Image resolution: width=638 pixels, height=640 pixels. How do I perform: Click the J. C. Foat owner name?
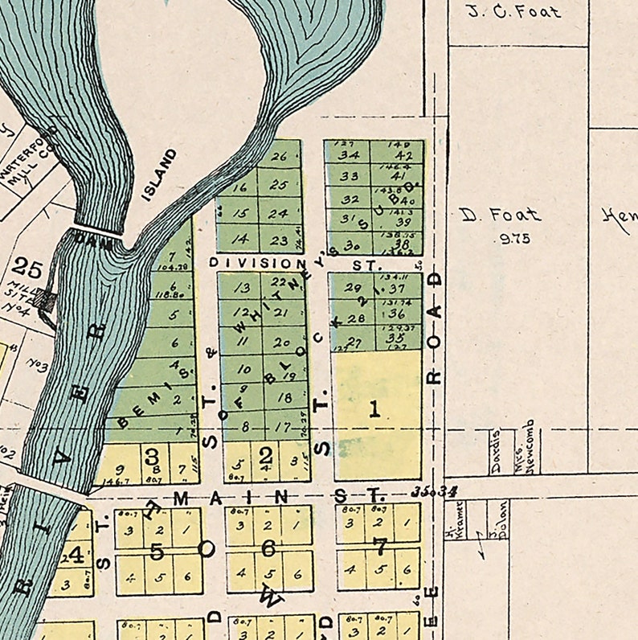coord(514,11)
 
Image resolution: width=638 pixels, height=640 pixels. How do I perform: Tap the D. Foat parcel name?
coord(501,215)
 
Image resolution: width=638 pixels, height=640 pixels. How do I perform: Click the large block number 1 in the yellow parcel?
coord(374,409)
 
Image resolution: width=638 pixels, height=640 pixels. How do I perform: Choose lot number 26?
coord(279,157)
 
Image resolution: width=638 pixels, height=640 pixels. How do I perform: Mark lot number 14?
coord(239,239)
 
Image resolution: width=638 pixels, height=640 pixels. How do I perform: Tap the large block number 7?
coord(379,548)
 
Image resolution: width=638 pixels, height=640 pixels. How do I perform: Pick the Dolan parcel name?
coord(502,520)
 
